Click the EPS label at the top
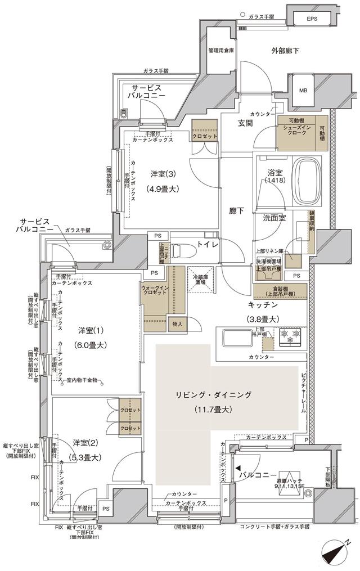[312, 19]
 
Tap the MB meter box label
[303, 91]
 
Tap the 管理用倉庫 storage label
[221, 51]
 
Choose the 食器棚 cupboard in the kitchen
[280, 291]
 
